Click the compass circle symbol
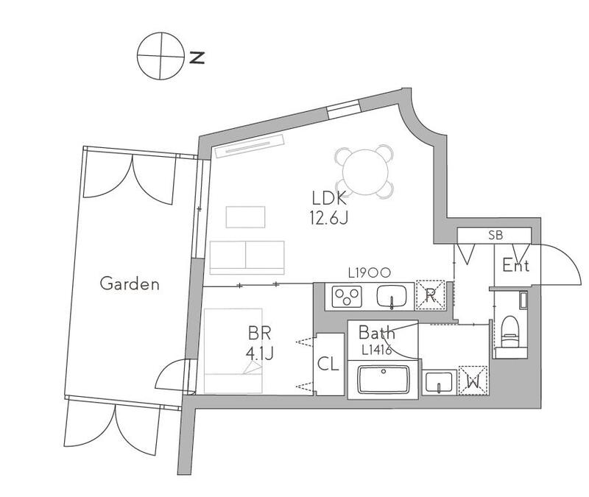[x=161, y=56]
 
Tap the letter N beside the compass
[x=197, y=57]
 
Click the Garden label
[x=130, y=283]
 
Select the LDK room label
[x=329, y=198]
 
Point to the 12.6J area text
[x=329, y=217]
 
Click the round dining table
[x=365, y=172]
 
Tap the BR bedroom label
[x=260, y=334]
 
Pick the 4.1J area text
[x=260, y=353]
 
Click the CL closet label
[x=328, y=364]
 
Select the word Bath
[x=377, y=333]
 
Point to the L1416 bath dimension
[x=377, y=350]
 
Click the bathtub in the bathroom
[x=383, y=379]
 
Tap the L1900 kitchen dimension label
[x=370, y=272]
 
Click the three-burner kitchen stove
[x=347, y=297]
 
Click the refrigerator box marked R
[x=430, y=295]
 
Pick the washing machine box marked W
[x=473, y=381]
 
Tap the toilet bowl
[x=509, y=331]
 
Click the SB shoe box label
[x=495, y=236]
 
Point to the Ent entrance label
[x=516, y=266]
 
